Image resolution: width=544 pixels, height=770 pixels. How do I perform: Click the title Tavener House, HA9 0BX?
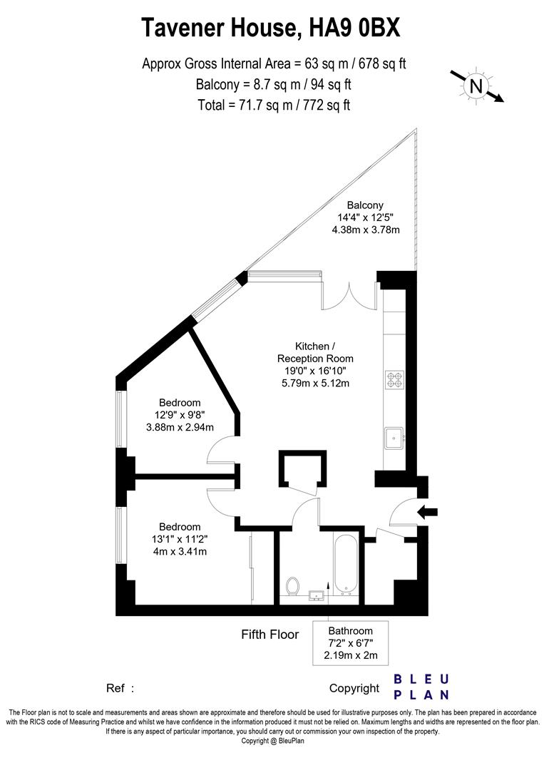271,28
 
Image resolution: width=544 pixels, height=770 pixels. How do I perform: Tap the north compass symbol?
476,86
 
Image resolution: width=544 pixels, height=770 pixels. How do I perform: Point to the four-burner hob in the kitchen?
394,380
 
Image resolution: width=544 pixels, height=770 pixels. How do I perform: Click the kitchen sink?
393,437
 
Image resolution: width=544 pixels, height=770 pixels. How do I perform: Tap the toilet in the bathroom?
292,586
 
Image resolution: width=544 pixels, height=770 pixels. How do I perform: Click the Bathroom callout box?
350,643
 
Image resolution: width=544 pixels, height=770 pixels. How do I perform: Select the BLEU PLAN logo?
421,687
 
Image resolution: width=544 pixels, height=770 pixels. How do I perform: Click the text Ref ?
120,688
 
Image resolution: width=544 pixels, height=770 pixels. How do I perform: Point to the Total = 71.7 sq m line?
274,105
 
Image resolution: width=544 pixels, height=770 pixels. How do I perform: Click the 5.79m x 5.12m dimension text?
314,384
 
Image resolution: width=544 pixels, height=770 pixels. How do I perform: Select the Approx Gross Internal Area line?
274,64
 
